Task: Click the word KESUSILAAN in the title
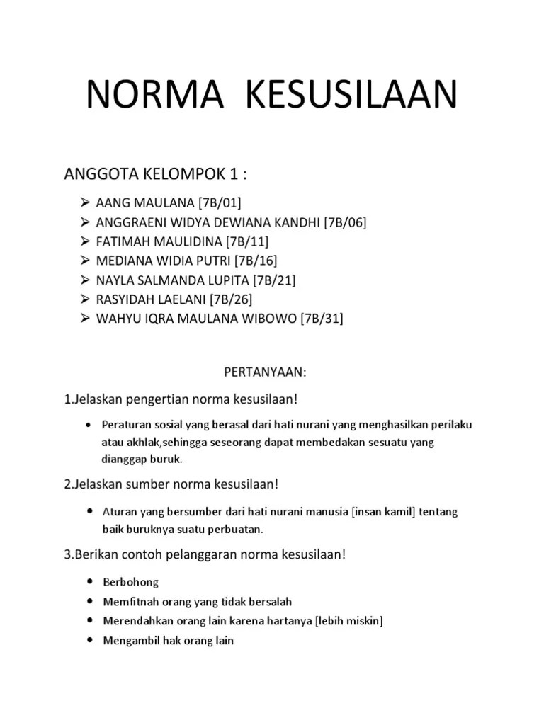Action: (351, 96)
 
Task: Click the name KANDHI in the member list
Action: (297, 223)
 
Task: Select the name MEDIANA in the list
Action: (123, 261)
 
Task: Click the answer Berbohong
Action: (131, 582)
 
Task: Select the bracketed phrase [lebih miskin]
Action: (350, 621)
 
